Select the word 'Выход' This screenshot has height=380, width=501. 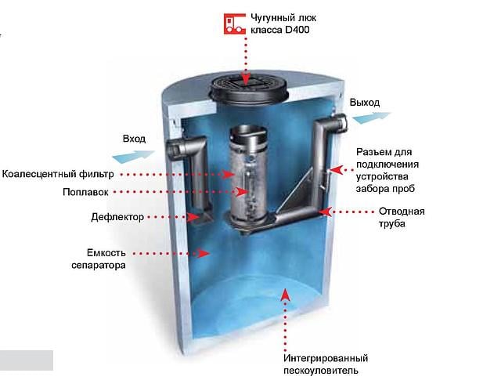click(365, 103)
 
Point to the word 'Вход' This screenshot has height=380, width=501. click(134, 139)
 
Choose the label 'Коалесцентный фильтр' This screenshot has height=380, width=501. click(59, 174)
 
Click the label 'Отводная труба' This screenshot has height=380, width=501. click(401, 217)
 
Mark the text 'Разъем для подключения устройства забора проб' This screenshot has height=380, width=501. click(387, 170)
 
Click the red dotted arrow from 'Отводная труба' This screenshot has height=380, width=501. click(351, 211)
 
